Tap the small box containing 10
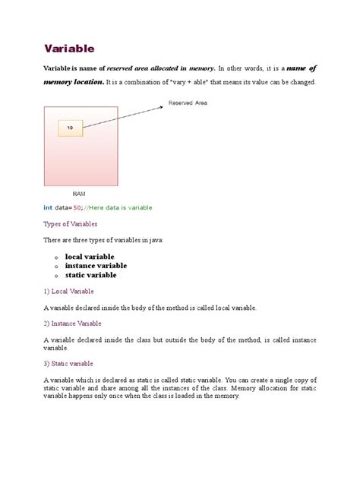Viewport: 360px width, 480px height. tap(71, 128)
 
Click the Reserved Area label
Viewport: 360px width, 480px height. tap(188, 103)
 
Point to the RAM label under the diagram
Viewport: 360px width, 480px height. tap(79, 194)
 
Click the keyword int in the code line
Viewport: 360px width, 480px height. tap(48, 207)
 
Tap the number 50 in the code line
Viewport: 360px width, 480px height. tap(87, 207)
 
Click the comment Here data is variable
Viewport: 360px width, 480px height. tap(125, 207)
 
